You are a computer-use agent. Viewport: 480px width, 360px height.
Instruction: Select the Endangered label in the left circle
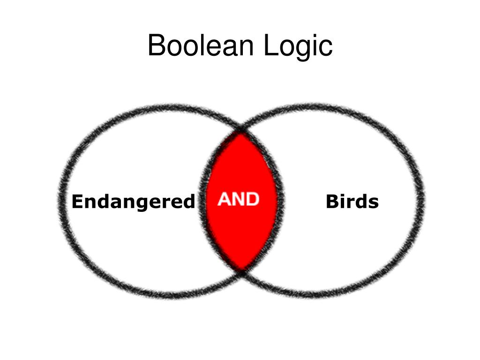133,202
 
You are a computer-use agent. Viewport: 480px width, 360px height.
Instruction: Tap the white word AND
239,200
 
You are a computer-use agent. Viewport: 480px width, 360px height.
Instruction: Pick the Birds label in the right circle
352,202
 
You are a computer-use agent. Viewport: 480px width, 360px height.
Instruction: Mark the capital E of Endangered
77,202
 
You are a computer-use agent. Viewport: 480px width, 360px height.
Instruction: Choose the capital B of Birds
331,202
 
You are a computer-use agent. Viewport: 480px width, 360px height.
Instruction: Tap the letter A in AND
225,200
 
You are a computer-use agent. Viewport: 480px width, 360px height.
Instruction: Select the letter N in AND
238,200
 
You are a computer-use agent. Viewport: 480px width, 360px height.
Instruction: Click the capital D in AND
252,200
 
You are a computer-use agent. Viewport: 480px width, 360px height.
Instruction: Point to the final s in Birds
374,203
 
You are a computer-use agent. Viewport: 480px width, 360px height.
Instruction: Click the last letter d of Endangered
188,202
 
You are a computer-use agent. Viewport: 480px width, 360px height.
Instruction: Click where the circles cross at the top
241,128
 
